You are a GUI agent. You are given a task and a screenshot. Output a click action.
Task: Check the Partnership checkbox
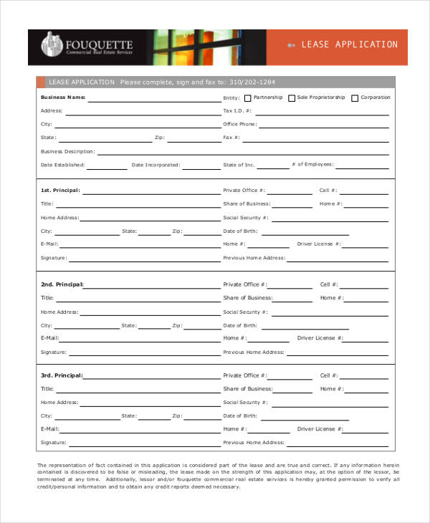[x=248, y=98]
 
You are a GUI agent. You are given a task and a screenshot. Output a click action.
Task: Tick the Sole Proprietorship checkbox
[x=292, y=98]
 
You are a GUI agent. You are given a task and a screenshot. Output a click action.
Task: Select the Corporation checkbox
[x=355, y=98]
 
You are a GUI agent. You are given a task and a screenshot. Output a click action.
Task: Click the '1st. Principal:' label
[x=60, y=191]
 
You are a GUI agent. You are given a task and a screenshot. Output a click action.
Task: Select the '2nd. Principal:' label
[x=62, y=284]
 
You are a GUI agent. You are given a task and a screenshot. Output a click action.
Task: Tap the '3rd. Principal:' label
[x=62, y=375]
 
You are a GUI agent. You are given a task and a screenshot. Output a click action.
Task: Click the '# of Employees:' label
[x=312, y=165]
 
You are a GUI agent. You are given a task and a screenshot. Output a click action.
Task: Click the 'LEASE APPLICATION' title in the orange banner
[x=349, y=45]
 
